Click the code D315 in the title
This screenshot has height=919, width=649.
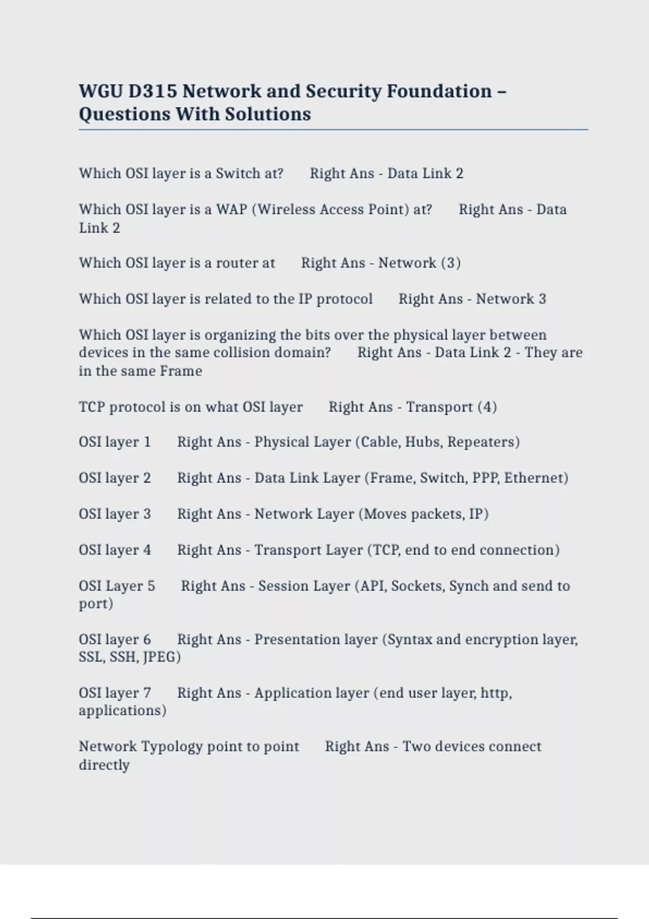click(x=153, y=91)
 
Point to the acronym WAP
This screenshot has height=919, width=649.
click(x=231, y=210)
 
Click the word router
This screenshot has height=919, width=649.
click(x=236, y=263)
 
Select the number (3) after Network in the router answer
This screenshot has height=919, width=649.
click(x=451, y=263)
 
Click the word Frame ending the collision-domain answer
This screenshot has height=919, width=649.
click(x=181, y=371)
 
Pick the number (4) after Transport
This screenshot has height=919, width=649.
click(x=487, y=407)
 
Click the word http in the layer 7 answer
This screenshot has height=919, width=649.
click(x=495, y=693)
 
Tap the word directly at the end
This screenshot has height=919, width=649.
click(x=104, y=765)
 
